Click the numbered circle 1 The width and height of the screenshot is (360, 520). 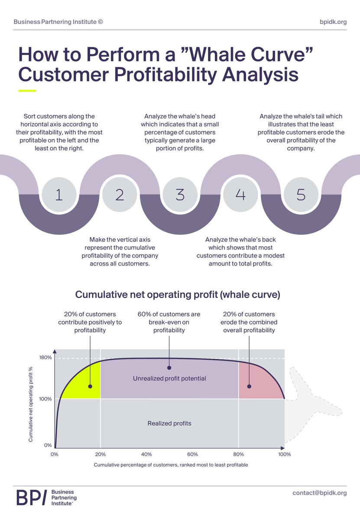pyautogui.click(x=59, y=195)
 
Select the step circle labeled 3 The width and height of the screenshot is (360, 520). pyautogui.click(x=180, y=195)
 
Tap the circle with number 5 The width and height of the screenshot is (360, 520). pyautogui.click(x=301, y=195)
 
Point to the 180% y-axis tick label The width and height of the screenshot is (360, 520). pyautogui.click(x=45, y=358)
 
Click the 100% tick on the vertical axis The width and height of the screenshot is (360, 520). pyautogui.click(x=45, y=399)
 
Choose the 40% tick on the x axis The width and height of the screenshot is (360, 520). pyautogui.click(x=146, y=455)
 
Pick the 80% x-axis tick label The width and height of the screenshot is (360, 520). pyautogui.click(x=238, y=455)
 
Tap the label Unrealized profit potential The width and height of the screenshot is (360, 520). pyautogui.click(x=169, y=379)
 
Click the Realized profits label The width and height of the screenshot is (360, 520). pyautogui.click(x=169, y=423)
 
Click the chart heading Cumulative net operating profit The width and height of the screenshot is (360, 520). pyautogui.click(x=178, y=295)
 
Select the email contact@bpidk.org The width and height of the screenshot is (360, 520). pyautogui.click(x=319, y=493)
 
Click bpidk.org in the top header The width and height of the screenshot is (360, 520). pyautogui.click(x=332, y=22)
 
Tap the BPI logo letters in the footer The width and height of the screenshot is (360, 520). pyautogui.click(x=31, y=498)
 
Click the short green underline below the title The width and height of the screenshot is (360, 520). pyautogui.click(x=27, y=91)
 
